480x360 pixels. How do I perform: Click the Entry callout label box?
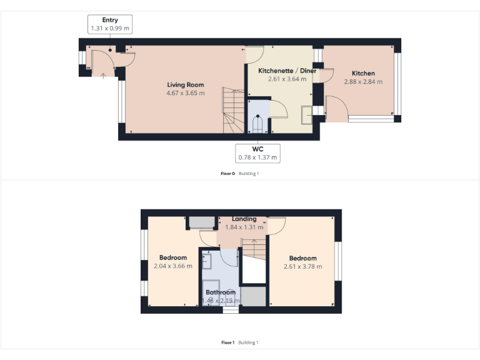point(110,24)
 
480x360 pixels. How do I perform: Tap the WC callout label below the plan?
point(257,153)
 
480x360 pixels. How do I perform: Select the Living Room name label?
point(185,85)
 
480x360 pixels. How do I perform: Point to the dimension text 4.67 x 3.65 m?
point(185,93)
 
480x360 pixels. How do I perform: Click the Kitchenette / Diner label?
point(287,71)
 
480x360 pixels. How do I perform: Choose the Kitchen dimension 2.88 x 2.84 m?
point(363,81)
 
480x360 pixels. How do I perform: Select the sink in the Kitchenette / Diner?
point(307,116)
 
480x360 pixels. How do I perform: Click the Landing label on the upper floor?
point(244,219)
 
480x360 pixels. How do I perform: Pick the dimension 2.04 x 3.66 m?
point(172,266)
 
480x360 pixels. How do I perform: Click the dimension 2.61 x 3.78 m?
point(302,266)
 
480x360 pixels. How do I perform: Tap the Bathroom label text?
point(221,292)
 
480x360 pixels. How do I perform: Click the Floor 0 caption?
point(227,173)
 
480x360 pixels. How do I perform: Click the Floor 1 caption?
point(227,342)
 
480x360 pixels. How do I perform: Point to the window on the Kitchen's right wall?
point(398,84)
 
